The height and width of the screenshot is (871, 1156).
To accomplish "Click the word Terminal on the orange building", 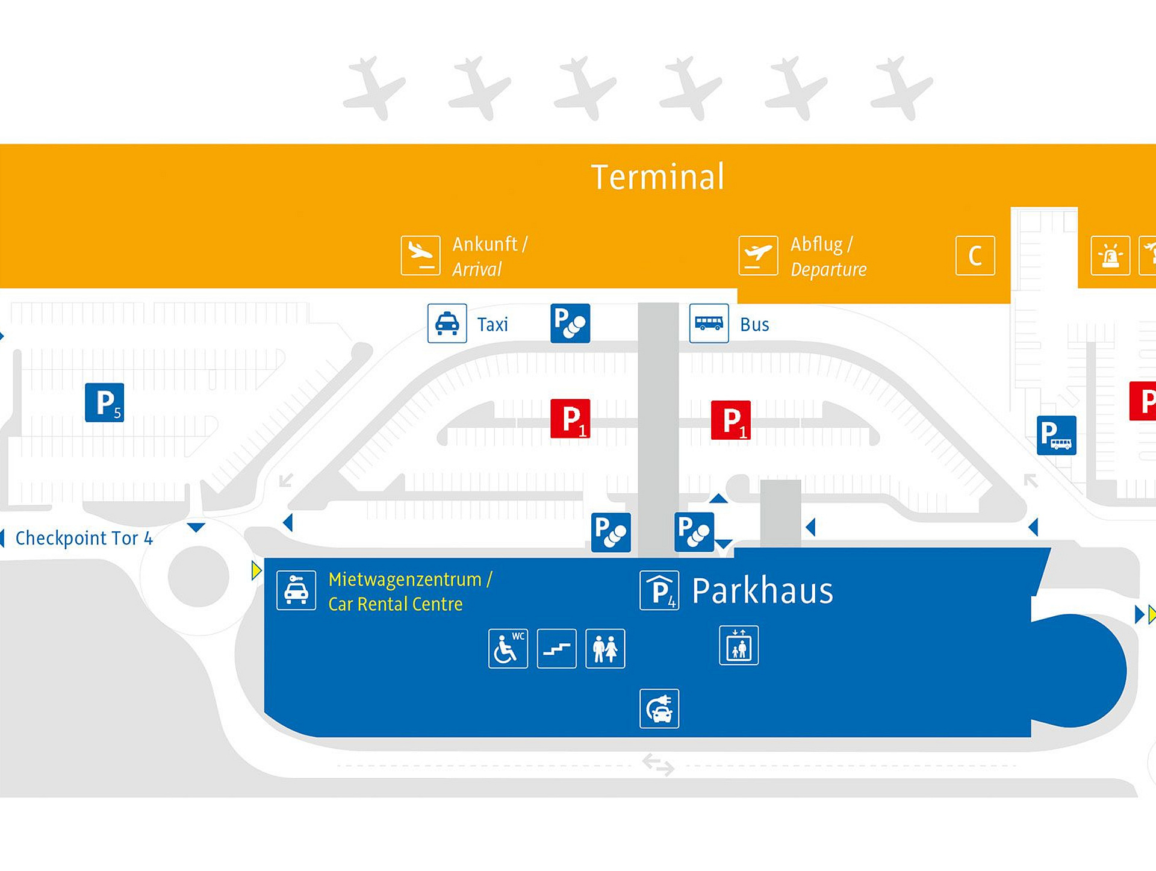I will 657,177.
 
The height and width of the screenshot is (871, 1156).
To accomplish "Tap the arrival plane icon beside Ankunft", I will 420,255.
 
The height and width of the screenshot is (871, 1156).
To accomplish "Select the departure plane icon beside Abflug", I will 758,255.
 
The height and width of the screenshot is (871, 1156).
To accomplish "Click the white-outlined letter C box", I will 975,255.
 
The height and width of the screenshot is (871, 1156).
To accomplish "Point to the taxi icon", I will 447,323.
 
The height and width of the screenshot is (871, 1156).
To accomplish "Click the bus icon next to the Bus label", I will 709,323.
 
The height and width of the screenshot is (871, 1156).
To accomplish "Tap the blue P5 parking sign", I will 105,402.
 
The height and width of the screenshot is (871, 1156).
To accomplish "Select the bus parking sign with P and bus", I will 1056,435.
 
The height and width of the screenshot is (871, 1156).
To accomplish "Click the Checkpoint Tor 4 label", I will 84,538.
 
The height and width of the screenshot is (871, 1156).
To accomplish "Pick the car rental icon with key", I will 296,590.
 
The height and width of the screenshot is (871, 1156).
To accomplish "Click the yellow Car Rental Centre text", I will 395,604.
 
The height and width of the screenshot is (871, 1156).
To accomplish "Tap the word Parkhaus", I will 762,591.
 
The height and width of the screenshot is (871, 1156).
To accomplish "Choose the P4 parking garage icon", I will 659,591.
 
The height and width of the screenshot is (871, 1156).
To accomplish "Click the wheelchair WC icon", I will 508,649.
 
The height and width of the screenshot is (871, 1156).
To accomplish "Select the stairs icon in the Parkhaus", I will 556,649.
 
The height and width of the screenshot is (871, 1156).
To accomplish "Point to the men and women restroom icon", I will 605,649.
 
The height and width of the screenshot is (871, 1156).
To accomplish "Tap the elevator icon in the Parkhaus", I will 739,646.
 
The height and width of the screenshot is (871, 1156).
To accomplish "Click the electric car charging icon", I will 659,709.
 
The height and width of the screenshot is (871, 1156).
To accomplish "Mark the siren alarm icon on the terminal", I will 1110,255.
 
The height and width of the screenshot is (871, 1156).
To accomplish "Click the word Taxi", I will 493,325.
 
